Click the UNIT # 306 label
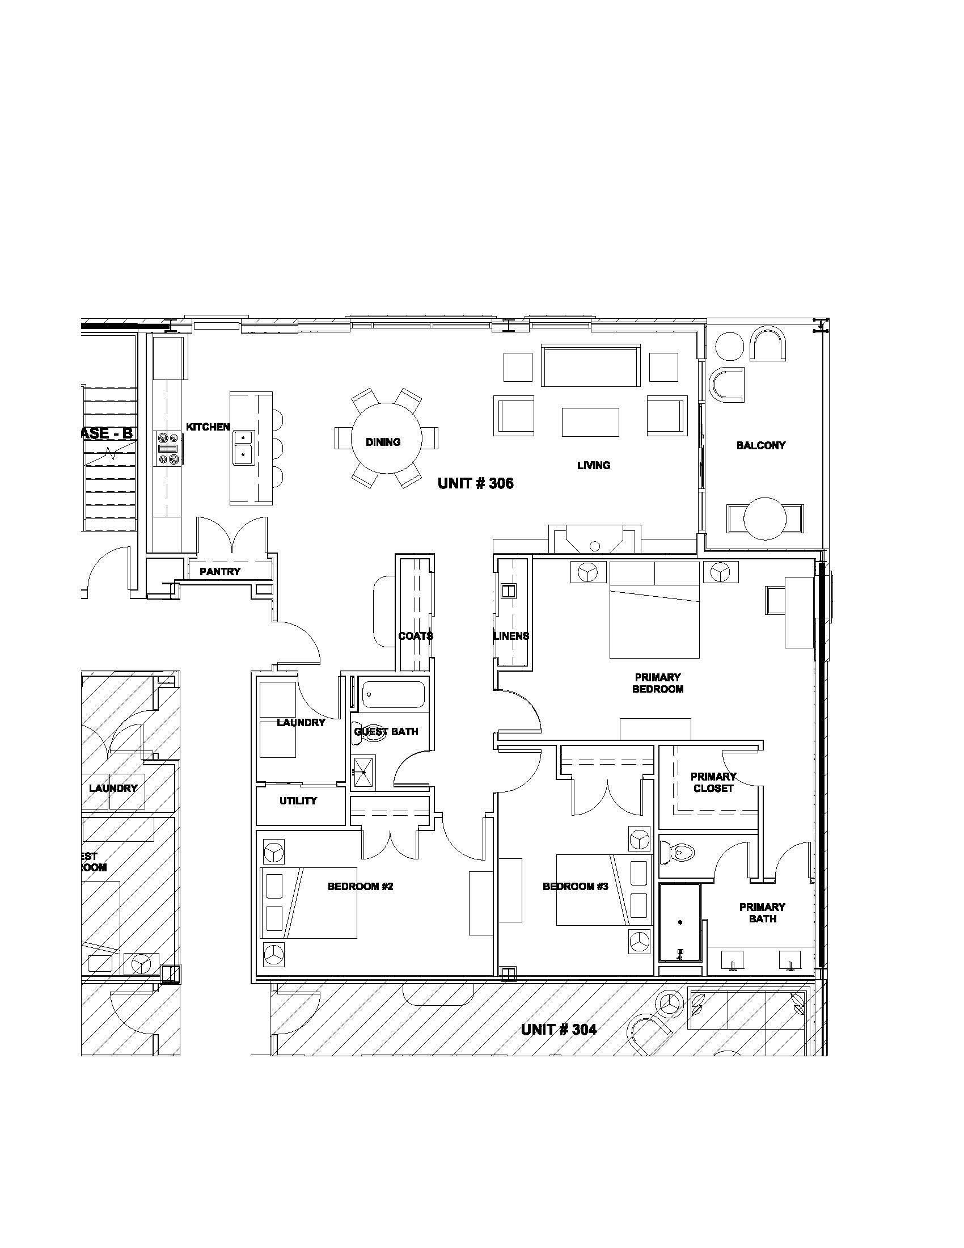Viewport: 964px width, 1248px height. click(475, 483)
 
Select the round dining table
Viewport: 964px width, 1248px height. click(386, 439)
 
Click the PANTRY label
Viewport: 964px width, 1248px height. click(220, 571)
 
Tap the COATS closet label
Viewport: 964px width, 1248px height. click(415, 636)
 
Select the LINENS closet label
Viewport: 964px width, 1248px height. click(511, 636)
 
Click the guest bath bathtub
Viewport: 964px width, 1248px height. click(387, 695)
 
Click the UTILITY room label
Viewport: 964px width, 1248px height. click(298, 800)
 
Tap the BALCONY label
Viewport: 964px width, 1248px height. click(760, 445)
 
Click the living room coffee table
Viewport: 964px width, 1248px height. click(590, 421)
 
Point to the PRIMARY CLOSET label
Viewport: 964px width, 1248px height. click(713, 782)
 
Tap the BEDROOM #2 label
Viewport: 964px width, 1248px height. click(360, 886)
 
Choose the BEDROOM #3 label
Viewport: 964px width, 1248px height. click(575, 886)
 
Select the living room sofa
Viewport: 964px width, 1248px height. click(590, 366)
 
